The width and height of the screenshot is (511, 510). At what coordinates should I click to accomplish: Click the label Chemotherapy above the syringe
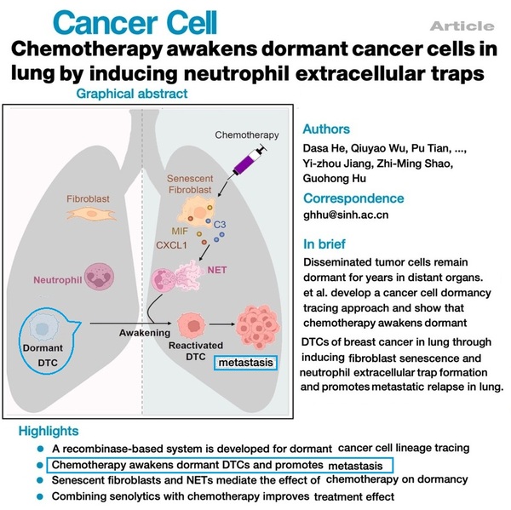(246, 135)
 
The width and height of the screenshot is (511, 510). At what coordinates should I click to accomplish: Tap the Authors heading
(327, 129)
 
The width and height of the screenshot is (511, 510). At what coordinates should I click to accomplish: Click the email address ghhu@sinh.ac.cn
(346, 216)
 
